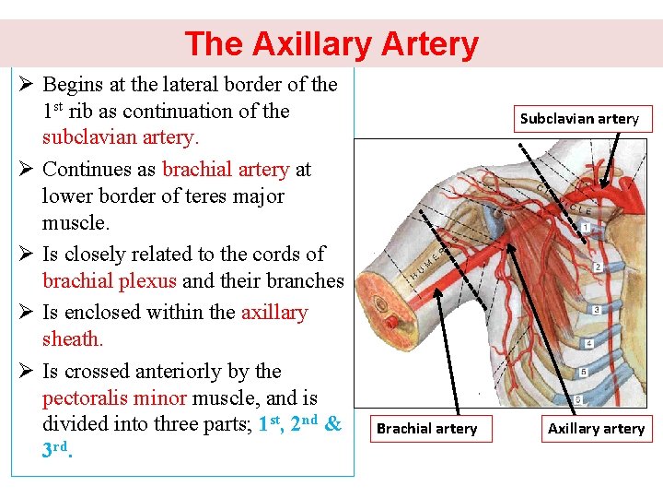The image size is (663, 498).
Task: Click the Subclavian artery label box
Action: tap(578, 118)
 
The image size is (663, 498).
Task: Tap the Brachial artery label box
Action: tap(426, 428)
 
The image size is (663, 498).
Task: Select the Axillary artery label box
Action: tap(596, 428)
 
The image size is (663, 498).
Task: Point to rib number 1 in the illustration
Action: tap(586, 227)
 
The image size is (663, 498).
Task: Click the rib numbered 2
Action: tap(598, 267)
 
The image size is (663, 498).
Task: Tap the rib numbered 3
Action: tap(596, 310)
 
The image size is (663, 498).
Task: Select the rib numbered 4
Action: tap(589, 343)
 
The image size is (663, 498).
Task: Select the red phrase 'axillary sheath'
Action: tap(175, 326)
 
